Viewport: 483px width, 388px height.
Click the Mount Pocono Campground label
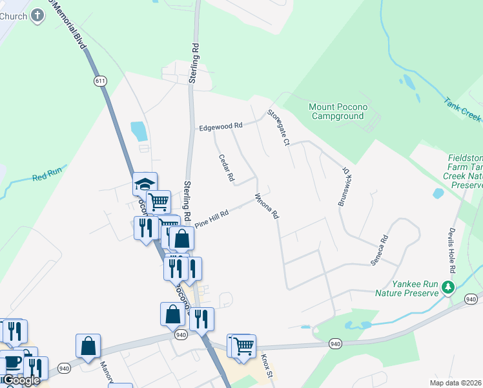pyautogui.click(x=336, y=111)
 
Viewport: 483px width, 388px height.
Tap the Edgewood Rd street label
pyautogui.click(x=220, y=126)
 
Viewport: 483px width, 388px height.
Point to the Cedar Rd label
pyautogui.click(x=226, y=167)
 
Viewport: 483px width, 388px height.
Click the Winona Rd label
pyautogui.click(x=266, y=206)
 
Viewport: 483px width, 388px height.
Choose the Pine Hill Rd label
pyautogui.click(x=212, y=217)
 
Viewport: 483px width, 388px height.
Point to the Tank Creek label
pyautogui.click(x=462, y=109)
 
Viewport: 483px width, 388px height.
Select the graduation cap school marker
pyautogui.click(x=145, y=184)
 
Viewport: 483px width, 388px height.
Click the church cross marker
pyautogui.click(x=38, y=16)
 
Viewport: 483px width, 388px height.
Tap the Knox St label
pyautogui.click(x=267, y=366)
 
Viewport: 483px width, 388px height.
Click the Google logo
pyautogui.click(x=21, y=380)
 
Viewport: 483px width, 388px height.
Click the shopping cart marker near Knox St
pyautogui.click(x=243, y=346)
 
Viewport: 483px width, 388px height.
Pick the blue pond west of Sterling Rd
pyautogui.click(x=138, y=131)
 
